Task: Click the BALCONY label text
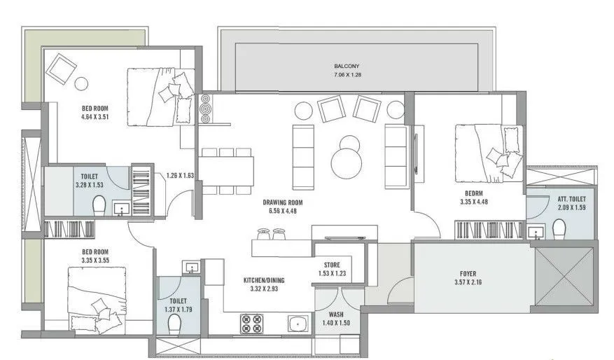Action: tap(347, 67)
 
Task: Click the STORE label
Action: tap(332, 265)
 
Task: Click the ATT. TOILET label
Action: tap(558, 200)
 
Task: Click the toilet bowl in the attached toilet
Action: tap(559, 229)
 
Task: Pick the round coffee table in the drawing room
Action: tap(347, 162)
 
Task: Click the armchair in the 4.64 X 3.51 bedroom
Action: tap(62, 69)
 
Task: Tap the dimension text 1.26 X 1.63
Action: tap(179, 176)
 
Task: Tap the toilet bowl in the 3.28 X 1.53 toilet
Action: tap(99, 206)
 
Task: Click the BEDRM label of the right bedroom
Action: tap(474, 193)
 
